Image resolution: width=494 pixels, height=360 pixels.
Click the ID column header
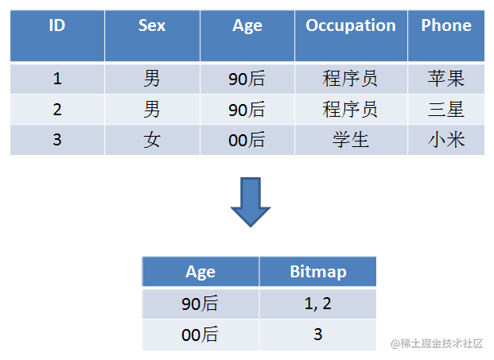[57, 36]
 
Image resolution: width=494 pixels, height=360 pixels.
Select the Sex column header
[152, 36]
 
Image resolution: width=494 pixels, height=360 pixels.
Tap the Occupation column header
[351, 36]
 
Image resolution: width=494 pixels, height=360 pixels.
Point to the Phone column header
[446, 36]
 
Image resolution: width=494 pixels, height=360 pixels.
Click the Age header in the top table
[247, 36]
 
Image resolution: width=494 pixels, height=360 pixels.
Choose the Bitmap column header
[318, 271]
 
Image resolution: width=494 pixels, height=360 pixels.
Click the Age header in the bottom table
[200, 271]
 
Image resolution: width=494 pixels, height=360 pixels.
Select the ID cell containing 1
[57, 79]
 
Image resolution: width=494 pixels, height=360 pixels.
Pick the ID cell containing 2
[57, 110]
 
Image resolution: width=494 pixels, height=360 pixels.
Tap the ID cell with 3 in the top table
[57, 140]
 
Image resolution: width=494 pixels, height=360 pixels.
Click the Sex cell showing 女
[152, 140]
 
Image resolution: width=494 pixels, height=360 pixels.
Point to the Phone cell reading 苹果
[446, 79]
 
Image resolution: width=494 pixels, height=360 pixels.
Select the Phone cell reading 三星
[446, 110]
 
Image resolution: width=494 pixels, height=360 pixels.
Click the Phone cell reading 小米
[446, 140]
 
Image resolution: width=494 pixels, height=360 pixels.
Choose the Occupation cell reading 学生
[351, 140]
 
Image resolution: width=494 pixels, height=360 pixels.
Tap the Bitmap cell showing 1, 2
[318, 304]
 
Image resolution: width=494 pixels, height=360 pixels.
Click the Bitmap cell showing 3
[318, 335]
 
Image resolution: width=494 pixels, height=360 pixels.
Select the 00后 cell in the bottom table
[200, 335]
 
